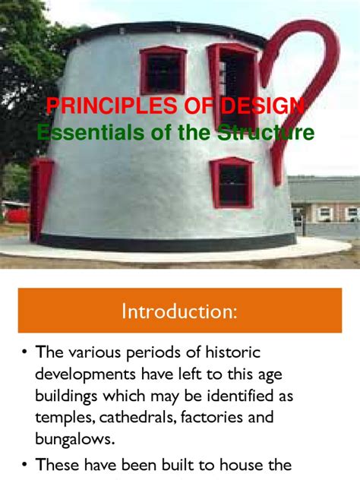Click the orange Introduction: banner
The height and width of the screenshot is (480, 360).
pos(180,310)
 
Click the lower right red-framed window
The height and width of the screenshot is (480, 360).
pos(232,183)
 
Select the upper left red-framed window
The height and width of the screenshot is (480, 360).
pos(162,70)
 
